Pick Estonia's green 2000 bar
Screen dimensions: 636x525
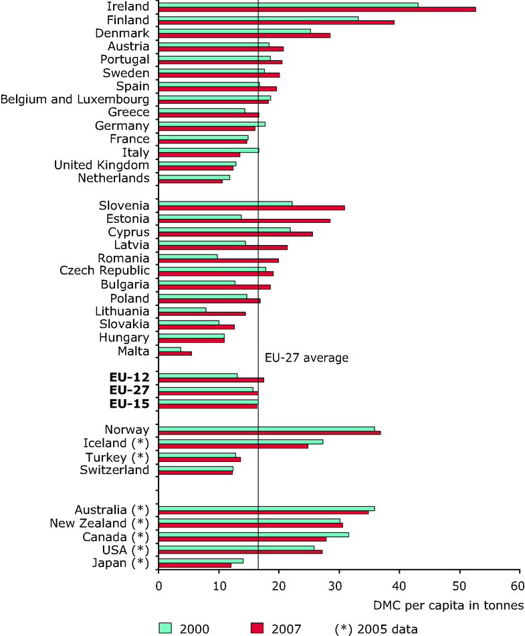coord(200,216)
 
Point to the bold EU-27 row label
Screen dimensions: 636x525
coord(129,390)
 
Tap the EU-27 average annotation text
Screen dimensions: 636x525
coord(306,358)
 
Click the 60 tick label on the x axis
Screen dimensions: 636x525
coord(520,584)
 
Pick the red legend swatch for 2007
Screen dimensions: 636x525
coord(256,627)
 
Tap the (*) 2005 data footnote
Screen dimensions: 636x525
coord(377,628)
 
